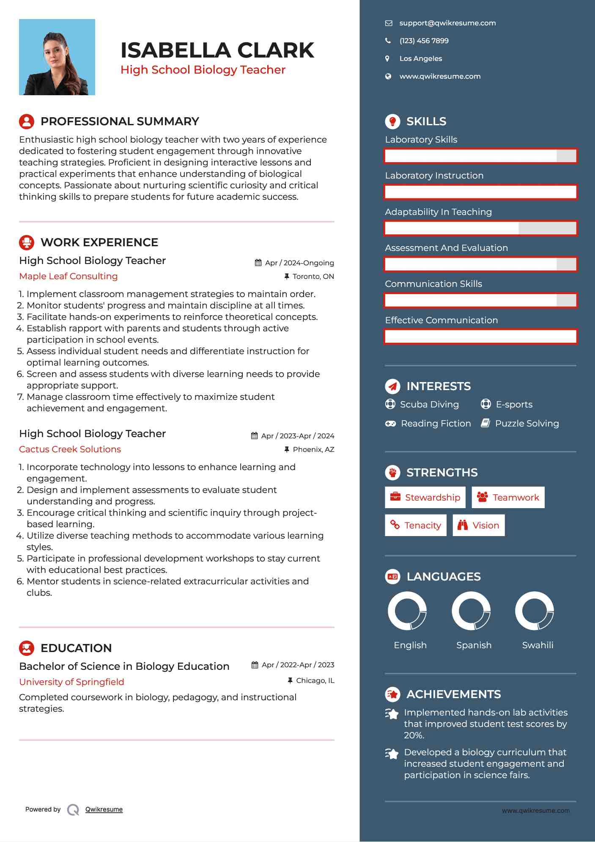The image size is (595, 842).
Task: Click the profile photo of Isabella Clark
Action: click(57, 57)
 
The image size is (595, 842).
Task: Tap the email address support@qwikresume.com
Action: click(447, 23)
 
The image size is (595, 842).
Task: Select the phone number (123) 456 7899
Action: click(424, 41)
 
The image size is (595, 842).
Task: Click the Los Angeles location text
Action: click(420, 59)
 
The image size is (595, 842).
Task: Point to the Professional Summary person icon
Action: click(27, 121)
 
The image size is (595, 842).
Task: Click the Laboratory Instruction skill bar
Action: click(480, 192)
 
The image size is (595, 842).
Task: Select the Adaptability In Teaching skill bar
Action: click(480, 228)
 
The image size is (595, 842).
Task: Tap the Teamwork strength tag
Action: click(508, 498)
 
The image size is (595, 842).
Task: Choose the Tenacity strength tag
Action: click(416, 526)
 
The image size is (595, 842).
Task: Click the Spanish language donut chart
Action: click(471, 611)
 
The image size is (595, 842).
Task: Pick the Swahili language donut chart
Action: click(535, 611)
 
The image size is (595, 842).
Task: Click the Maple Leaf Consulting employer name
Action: click(69, 276)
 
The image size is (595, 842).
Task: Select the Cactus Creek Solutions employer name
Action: click(70, 449)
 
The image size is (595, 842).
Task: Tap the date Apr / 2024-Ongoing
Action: click(299, 263)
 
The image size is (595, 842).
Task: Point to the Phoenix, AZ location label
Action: click(313, 449)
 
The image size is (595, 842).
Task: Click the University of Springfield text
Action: click(72, 682)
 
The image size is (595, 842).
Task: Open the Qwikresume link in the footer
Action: click(104, 809)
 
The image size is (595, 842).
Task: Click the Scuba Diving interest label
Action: click(429, 404)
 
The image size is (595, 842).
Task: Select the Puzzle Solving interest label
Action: click(527, 424)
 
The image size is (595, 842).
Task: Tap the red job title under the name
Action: click(203, 70)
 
